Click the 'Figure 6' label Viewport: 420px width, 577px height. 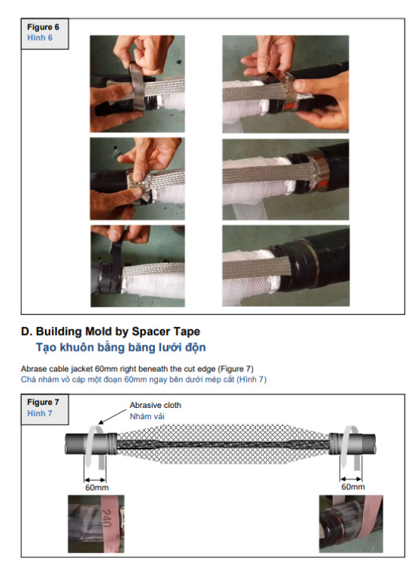point(43,27)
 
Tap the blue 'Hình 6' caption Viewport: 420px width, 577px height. point(40,38)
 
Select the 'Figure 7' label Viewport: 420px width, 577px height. point(43,402)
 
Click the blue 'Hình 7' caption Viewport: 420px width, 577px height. point(40,413)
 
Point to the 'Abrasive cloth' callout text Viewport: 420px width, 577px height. point(156,405)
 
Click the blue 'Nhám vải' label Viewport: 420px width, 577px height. point(147,416)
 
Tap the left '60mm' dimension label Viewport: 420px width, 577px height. point(97,488)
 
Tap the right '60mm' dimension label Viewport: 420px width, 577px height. point(353,487)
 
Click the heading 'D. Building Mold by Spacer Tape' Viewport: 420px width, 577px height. point(110,331)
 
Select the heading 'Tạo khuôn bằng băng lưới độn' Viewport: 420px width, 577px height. point(121,347)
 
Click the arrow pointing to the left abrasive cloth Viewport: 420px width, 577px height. point(113,416)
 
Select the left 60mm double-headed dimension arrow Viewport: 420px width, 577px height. point(95,480)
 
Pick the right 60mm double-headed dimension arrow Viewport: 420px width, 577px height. point(351,479)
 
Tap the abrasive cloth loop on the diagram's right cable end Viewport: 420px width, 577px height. point(350,446)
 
